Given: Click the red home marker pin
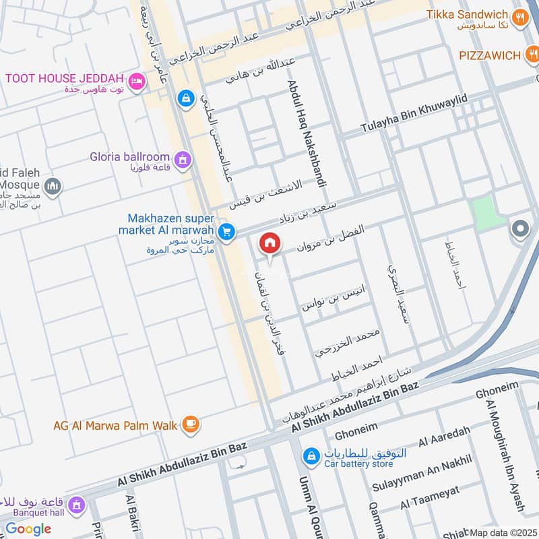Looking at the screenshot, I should click(x=270, y=243).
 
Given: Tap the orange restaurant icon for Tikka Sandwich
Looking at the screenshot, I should click(x=519, y=18).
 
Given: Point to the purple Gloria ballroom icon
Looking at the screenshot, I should click(x=181, y=160).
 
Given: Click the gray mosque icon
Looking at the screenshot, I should click(x=53, y=186).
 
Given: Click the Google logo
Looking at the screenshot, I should click(x=28, y=529).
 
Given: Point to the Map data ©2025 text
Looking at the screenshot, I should click(x=503, y=532).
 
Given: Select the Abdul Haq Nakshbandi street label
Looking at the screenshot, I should click(x=301, y=124).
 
